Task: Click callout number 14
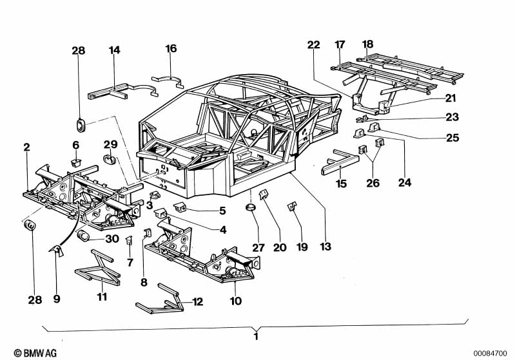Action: click(x=114, y=50)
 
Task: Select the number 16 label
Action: click(x=171, y=48)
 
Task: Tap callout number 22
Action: click(x=313, y=44)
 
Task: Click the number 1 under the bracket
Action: click(x=256, y=336)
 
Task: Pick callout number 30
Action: click(x=112, y=238)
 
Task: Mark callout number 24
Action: click(x=404, y=182)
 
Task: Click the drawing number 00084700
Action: click(x=492, y=353)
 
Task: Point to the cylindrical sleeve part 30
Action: click(x=84, y=238)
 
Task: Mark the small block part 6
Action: click(x=76, y=162)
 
